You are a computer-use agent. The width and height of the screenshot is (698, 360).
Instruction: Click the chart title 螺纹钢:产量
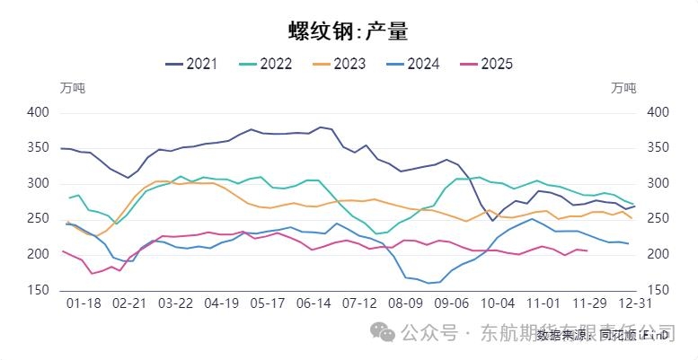[349, 31]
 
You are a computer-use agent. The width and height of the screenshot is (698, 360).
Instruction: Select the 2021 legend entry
[192, 63]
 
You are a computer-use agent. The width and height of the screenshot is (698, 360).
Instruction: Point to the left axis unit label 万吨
[73, 88]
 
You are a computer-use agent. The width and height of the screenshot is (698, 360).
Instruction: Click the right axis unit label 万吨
[623, 88]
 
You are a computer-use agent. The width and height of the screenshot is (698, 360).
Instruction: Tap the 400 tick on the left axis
[39, 113]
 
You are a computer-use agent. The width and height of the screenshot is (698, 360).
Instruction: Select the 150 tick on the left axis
[39, 290]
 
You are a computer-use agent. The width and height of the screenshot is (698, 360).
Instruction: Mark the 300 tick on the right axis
[658, 183]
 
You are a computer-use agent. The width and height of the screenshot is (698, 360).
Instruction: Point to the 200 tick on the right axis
[658, 254]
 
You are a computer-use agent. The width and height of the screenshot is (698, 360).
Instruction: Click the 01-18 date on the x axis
[84, 304]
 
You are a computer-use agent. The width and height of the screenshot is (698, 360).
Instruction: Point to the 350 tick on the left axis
[39, 148]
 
